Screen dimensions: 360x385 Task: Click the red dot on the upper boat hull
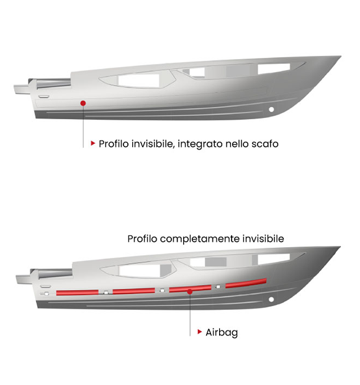tap(83, 103)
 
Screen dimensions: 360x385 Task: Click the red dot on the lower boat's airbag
tap(190, 291)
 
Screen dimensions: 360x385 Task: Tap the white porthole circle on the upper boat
tap(271, 109)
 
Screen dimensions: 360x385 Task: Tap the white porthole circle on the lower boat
tap(271, 299)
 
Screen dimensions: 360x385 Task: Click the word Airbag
tap(222, 332)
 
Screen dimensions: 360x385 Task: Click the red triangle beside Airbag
tap(199, 332)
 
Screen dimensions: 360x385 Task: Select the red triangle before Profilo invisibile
tap(92, 143)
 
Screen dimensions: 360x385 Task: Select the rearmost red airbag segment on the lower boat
tap(78, 292)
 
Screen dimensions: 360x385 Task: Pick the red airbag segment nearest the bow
tap(246, 283)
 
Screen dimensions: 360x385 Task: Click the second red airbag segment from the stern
tap(133, 291)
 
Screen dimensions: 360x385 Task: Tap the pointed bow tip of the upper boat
tap(341, 57)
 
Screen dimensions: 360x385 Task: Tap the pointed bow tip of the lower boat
tap(340, 247)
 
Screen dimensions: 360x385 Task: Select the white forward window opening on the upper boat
tap(274, 68)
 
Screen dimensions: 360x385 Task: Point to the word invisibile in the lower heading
tap(263, 238)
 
